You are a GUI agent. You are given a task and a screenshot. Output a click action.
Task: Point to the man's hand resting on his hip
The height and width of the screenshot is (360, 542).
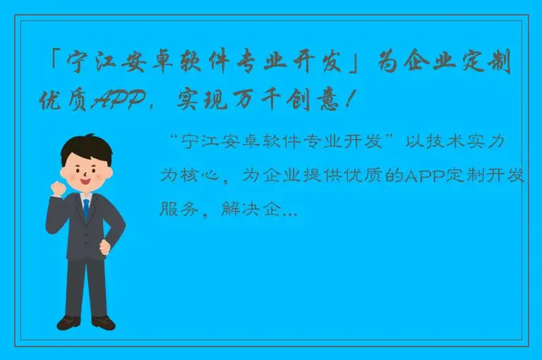click(106, 247)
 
